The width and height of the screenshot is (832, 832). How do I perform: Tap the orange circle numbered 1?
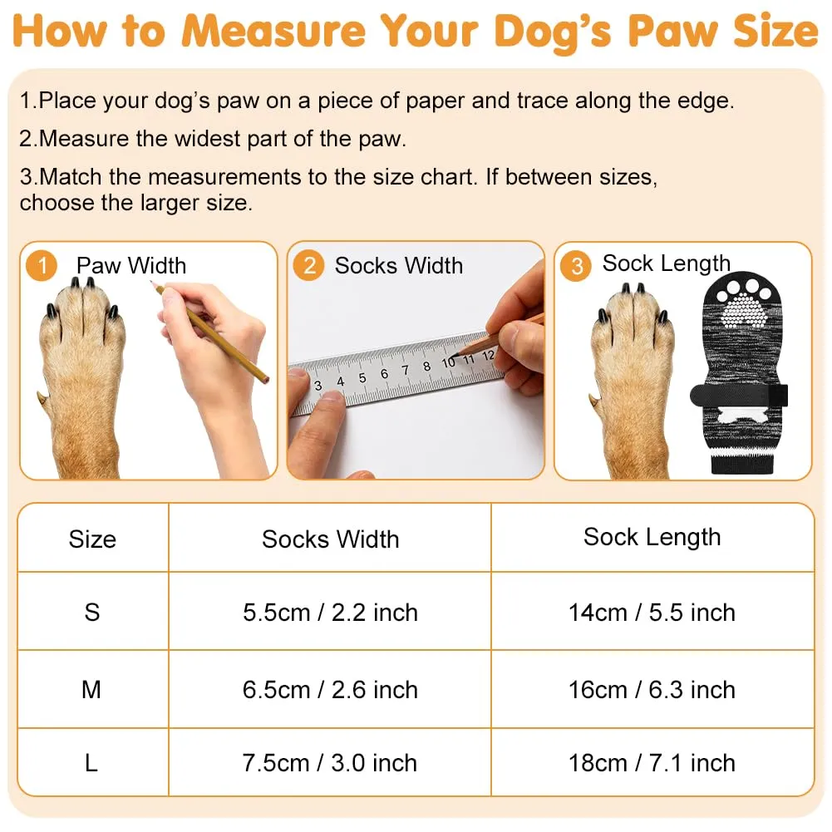click(x=42, y=265)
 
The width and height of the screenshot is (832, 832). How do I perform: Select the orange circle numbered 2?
click(x=309, y=265)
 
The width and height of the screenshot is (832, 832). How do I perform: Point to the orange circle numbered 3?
click(x=576, y=265)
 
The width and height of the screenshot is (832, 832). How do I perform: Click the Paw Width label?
click(x=131, y=265)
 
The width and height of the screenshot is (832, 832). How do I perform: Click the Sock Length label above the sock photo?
click(x=667, y=263)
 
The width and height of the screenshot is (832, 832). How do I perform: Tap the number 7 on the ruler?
click(x=405, y=370)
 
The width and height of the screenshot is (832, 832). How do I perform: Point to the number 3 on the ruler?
click(x=318, y=386)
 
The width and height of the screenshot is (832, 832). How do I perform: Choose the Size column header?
click(x=92, y=539)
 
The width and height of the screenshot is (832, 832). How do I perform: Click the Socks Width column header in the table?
click(x=330, y=539)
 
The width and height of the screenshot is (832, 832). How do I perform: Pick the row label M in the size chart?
click(x=91, y=690)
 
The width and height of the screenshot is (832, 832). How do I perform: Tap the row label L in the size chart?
click(x=91, y=763)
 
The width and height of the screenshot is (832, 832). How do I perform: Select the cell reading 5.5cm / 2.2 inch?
click(x=330, y=613)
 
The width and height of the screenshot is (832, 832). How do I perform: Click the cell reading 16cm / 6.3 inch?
click(x=652, y=690)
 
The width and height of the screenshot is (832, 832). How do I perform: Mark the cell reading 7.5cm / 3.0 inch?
click(x=329, y=763)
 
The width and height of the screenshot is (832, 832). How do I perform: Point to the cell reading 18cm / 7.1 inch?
click(x=652, y=763)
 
